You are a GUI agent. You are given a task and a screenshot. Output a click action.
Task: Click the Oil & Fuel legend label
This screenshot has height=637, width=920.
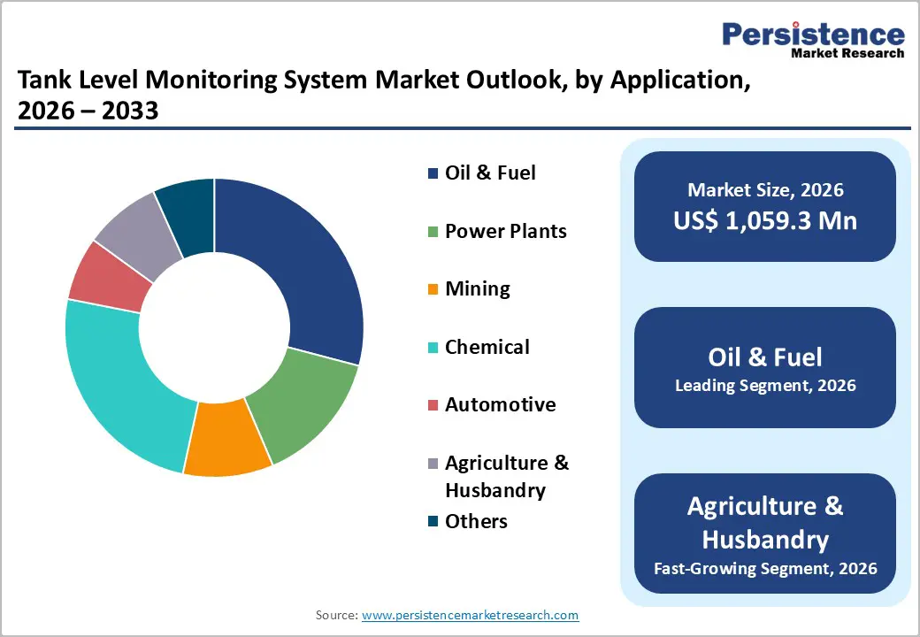(x=490, y=173)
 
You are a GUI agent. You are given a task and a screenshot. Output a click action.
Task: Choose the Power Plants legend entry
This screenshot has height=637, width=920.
(x=505, y=231)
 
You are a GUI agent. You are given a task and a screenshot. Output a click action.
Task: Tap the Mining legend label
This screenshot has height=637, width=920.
(x=477, y=288)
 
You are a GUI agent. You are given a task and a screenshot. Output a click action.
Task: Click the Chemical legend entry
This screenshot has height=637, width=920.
(x=487, y=347)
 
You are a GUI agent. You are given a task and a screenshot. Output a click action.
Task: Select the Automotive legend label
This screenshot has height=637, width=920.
(x=500, y=404)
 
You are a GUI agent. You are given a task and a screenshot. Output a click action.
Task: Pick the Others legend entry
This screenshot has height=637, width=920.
(x=476, y=521)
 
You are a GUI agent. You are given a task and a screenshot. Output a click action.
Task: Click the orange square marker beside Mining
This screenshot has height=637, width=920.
(x=433, y=289)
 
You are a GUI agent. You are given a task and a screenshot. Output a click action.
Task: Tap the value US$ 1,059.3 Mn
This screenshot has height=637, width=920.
(x=765, y=220)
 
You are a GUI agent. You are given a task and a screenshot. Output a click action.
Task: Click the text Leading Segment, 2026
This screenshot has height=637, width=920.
(x=765, y=386)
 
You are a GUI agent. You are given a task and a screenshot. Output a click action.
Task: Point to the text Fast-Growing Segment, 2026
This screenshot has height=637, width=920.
(x=765, y=568)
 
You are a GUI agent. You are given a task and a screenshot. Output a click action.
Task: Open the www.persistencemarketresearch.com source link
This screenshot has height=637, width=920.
(x=471, y=614)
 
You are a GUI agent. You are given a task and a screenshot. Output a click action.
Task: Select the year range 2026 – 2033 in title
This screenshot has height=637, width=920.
(x=88, y=111)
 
